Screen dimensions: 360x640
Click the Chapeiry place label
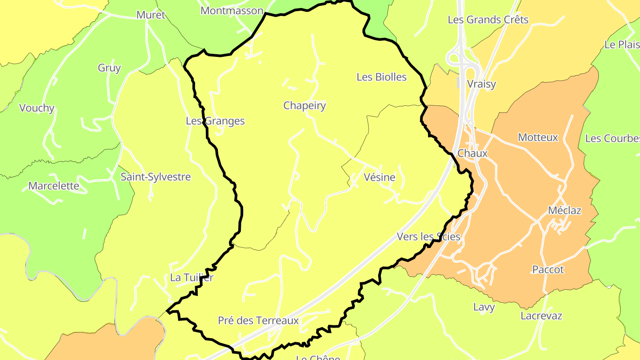[304, 106]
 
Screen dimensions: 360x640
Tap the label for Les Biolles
[381, 77]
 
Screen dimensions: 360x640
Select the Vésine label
[379, 177]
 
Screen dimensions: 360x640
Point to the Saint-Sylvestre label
[156, 177]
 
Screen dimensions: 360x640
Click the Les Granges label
[215, 121]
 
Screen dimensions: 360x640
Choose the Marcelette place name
[53, 186]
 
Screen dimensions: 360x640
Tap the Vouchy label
[37, 108]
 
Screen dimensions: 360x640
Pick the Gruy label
[109, 68]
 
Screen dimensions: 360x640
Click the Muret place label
[151, 15]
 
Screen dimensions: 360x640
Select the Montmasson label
[232, 11]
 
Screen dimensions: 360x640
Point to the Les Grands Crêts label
[488, 20]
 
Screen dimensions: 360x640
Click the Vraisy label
[481, 84]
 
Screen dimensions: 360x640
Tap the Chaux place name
[472, 153]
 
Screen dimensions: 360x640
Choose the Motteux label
[538, 137]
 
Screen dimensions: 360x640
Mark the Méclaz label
[564, 210]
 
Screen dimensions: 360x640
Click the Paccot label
[548, 269]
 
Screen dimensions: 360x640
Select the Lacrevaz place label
[541, 316]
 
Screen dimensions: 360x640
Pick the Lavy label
[484, 307]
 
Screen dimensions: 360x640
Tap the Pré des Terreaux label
[258, 320]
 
